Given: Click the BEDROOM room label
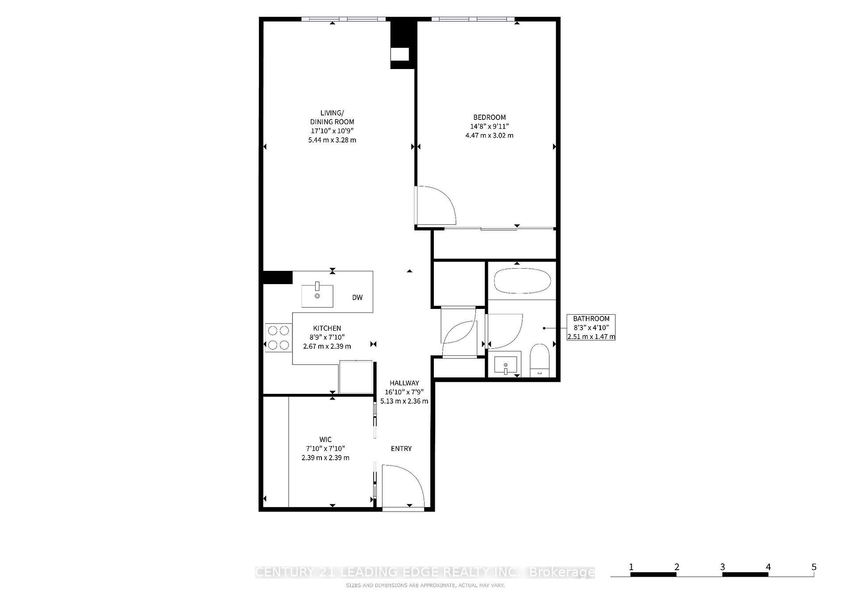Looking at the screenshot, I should pyautogui.click(x=489, y=117).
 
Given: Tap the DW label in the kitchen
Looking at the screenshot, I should pyautogui.click(x=357, y=297).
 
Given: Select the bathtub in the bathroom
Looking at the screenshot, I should pyautogui.click(x=522, y=281).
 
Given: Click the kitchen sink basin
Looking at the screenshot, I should pyautogui.click(x=317, y=296).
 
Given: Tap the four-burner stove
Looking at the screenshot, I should pyautogui.click(x=278, y=338).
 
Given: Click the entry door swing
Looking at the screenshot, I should pyautogui.click(x=403, y=485).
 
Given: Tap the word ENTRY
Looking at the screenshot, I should pyautogui.click(x=401, y=449).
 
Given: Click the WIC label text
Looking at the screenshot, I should pyautogui.click(x=325, y=439).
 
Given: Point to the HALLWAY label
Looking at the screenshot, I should pyautogui.click(x=404, y=383).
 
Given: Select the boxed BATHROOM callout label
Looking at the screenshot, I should pyautogui.click(x=591, y=327).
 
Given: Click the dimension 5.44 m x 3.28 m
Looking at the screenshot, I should pyautogui.click(x=332, y=140).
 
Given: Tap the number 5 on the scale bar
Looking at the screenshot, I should pyautogui.click(x=814, y=567).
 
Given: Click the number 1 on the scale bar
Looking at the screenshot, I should pyautogui.click(x=631, y=567).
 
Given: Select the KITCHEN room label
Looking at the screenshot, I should pyautogui.click(x=327, y=328).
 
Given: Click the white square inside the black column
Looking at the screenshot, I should pyautogui.click(x=400, y=54).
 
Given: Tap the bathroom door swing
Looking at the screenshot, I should pyautogui.click(x=505, y=331).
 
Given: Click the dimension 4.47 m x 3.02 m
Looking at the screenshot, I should pyautogui.click(x=489, y=135).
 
